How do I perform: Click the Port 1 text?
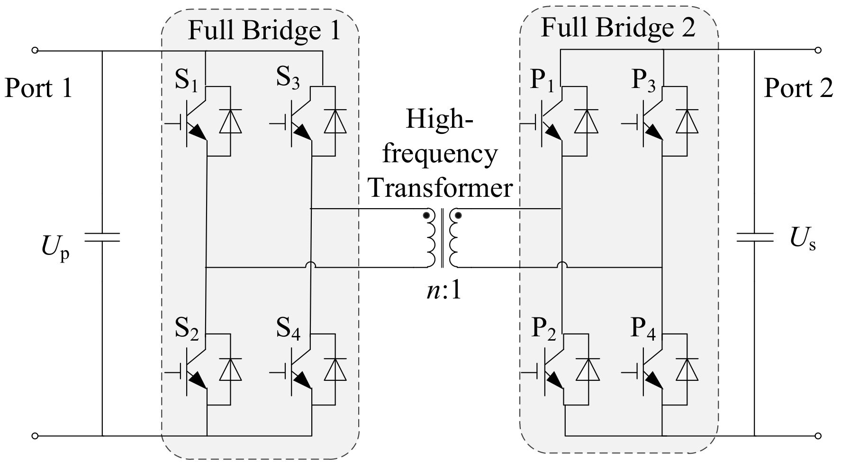click(38, 88)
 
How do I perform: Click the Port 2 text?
click(798, 88)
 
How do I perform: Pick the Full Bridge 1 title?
click(264, 30)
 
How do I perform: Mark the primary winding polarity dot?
click(426, 216)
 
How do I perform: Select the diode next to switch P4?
click(687, 369)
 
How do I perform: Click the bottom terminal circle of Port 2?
click(818, 436)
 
